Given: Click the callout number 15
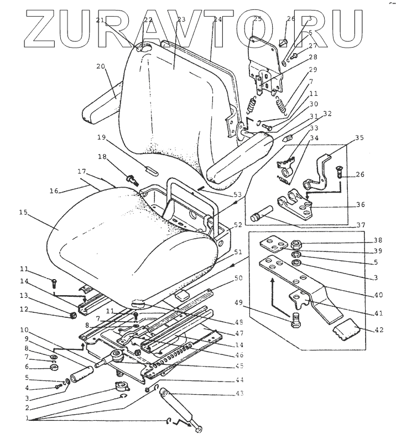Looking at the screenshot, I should tap(23, 212).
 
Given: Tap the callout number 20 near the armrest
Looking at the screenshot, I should tap(100, 66).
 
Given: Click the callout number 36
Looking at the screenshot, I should tap(360, 204).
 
